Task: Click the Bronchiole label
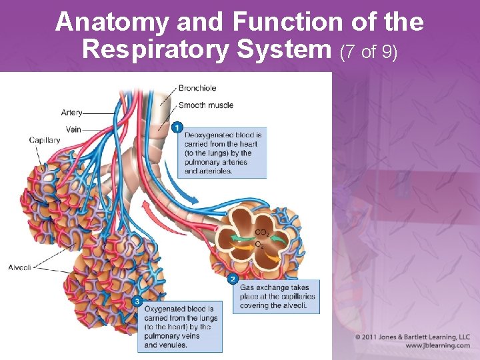pyautogui.click(x=197, y=88)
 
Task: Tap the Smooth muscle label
pyautogui.click(x=205, y=105)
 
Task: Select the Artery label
pyautogui.click(x=72, y=112)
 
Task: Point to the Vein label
pyautogui.click(x=73, y=129)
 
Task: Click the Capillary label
pyautogui.click(x=45, y=140)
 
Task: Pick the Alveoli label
pyautogui.click(x=20, y=267)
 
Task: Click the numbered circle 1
pyautogui.click(x=177, y=127)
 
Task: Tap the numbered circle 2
pyautogui.click(x=233, y=279)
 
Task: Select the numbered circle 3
pyautogui.click(x=137, y=301)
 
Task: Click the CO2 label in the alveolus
pyautogui.click(x=262, y=233)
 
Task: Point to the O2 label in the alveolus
pyautogui.click(x=259, y=245)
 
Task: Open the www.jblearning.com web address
pyautogui.click(x=437, y=345)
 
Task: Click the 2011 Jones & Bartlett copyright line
pyautogui.click(x=413, y=337)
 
